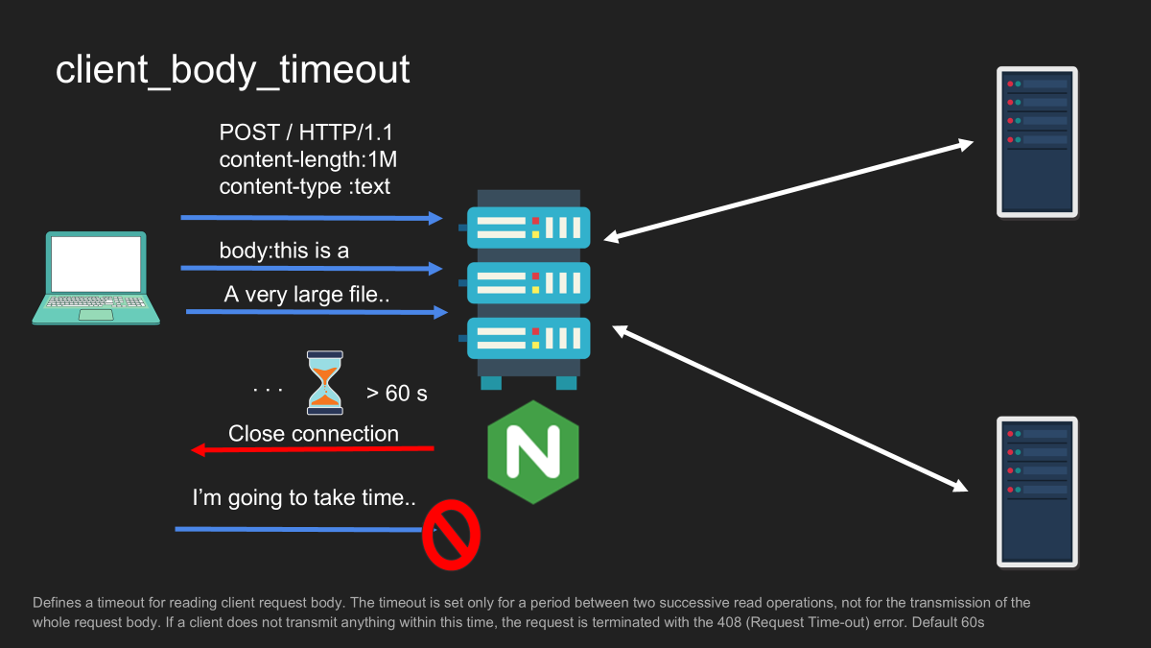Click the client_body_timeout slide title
tap(232, 70)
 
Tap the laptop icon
tap(96, 277)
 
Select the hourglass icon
tap(325, 383)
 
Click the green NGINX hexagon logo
tap(533, 452)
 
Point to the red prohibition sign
tap(451, 535)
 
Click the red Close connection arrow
tap(313, 449)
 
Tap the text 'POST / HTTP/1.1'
tap(306, 132)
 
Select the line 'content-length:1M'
tap(308, 159)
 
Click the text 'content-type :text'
tap(304, 186)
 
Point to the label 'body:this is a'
tap(284, 251)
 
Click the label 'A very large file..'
tap(307, 295)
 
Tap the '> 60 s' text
tap(397, 394)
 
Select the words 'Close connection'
tap(314, 434)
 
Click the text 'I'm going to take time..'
tap(304, 498)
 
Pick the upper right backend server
tap(1037, 142)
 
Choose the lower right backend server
tap(1037, 492)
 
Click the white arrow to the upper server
tap(788, 190)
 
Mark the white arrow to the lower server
tap(789, 408)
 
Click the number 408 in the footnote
tap(730, 622)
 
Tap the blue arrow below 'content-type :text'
tap(312, 218)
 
